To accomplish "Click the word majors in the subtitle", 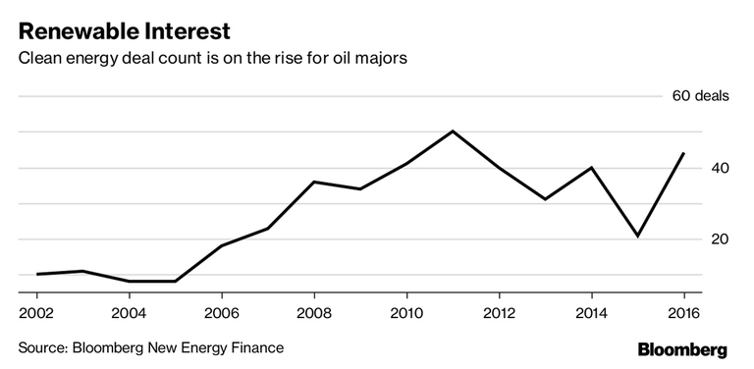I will click(380, 58).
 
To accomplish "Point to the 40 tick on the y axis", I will click(721, 168).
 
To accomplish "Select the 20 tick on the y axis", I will click(721, 239).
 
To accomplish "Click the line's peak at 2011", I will click(453, 131).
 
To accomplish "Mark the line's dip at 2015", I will click(637, 236).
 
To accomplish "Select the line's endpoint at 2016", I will click(683, 153).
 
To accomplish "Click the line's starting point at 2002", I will click(37, 274).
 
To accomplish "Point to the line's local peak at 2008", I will click(314, 182).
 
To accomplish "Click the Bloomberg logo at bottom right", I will click(682, 349).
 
